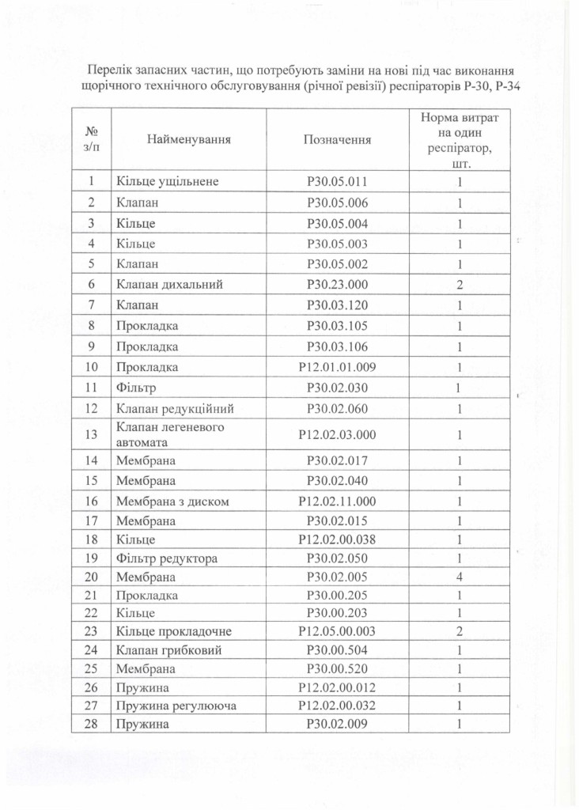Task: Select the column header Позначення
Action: pyautogui.click(x=337, y=139)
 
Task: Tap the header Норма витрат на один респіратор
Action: pyautogui.click(x=459, y=139)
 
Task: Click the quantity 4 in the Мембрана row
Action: pyautogui.click(x=459, y=577)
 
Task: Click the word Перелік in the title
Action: pyautogui.click(x=109, y=70)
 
